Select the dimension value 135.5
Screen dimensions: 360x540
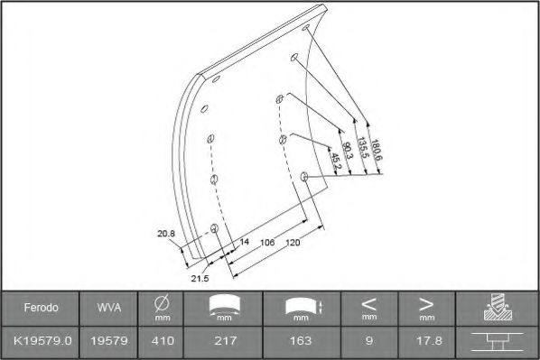click(362, 148)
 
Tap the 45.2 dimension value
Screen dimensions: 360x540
click(335, 159)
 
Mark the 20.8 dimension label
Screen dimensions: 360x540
click(165, 234)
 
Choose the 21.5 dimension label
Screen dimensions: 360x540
click(200, 279)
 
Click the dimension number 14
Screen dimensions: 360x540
click(244, 243)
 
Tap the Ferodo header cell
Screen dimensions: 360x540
click(41, 308)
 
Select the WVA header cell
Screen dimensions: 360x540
click(104, 308)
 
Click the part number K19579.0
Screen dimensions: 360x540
click(41, 341)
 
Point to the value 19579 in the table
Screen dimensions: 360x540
click(104, 341)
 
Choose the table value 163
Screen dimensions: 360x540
click(301, 341)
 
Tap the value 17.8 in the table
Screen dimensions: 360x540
click(424, 341)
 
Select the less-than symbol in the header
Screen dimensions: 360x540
click(368, 303)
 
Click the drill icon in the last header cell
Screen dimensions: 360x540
click(495, 308)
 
